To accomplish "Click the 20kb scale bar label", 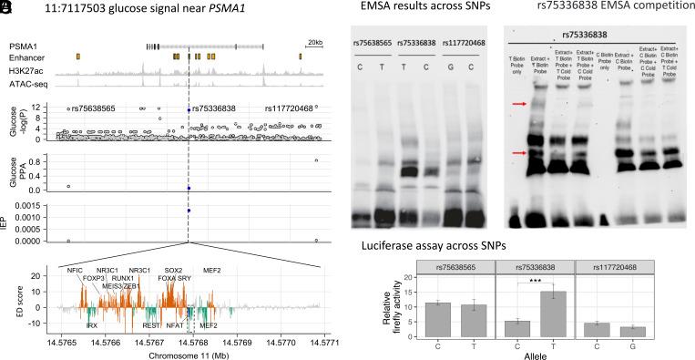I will (x=314, y=42).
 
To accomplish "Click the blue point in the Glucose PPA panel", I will (x=189, y=188).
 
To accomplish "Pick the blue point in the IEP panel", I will (x=189, y=211).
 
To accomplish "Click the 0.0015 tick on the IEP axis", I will (x=31, y=211).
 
